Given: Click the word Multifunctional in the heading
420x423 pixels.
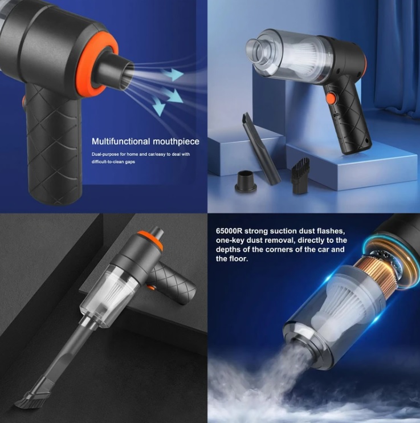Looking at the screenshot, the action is (121, 141).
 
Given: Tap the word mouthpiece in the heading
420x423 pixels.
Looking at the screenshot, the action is (176, 141).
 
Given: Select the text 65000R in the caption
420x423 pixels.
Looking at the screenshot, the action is (229, 231).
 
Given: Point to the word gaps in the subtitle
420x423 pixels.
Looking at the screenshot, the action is (130, 162).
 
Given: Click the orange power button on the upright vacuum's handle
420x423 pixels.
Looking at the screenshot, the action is (331, 98).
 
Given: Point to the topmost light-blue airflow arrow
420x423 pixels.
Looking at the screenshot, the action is (173, 75).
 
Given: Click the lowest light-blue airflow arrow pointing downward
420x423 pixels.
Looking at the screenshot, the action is (158, 106).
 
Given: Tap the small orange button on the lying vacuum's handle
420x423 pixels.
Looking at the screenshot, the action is (152, 287).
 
